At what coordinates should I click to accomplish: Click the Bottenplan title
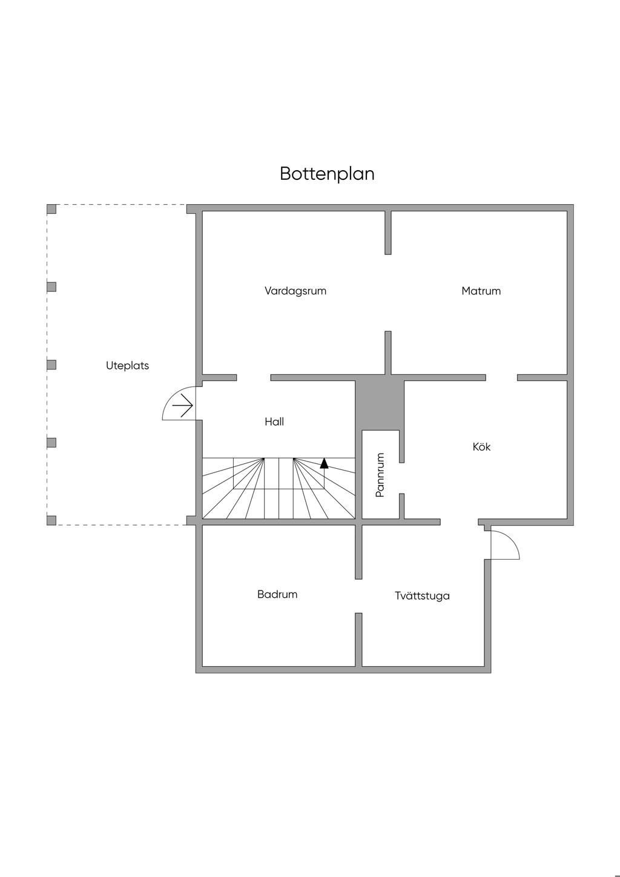(x=327, y=174)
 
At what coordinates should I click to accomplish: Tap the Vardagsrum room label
(x=295, y=291)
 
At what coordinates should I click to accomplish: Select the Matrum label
(x=481, y=291)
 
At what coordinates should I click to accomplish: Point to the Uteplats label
(x=128, y=366)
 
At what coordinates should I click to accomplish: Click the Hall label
(x=274, y=422)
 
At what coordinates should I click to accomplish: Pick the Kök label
(x=481, y=447)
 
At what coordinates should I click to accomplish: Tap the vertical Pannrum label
(x=380, y=475)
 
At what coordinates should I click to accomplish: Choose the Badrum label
(x=277, y=594)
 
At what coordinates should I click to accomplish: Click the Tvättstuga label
(x=422, y=596)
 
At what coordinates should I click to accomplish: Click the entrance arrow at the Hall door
(x=182, y=405)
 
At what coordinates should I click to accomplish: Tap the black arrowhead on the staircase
(x=324, y=463)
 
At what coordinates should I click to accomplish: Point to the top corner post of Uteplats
(x=51, y=209)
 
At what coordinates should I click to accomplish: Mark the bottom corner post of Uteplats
(x=51, y=520)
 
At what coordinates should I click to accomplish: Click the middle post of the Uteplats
(x=51, y=365)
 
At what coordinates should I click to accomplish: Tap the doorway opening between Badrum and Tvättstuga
(x=358, y=596)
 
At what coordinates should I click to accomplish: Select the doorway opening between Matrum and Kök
(x=501, y=377)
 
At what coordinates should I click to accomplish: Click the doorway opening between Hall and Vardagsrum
(x=254, y=377)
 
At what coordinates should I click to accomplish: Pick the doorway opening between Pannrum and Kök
(x=401, y=478)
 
